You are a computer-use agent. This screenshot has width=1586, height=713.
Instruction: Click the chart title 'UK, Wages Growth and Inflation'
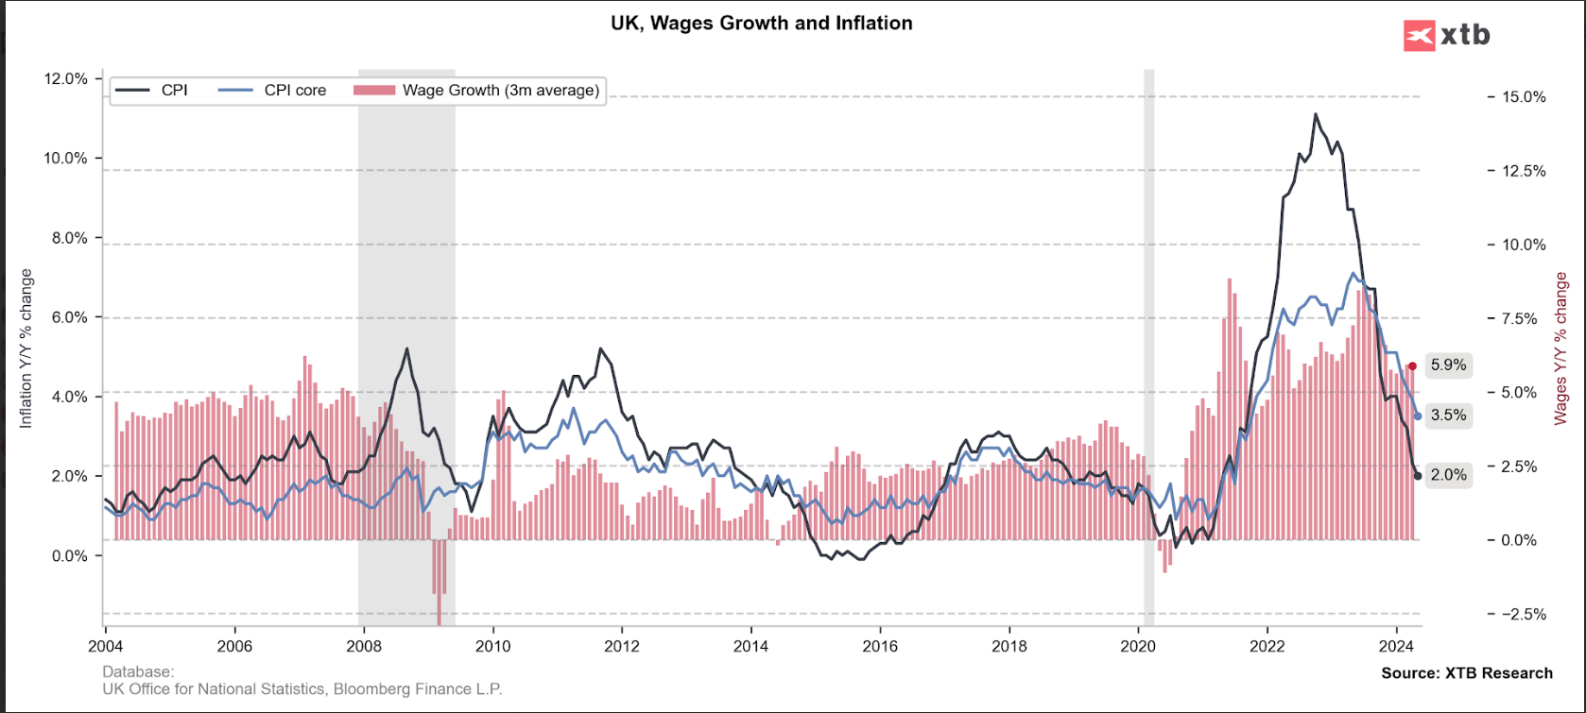tap(762, 24)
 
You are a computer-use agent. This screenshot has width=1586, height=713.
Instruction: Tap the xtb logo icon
tap(1420, 36)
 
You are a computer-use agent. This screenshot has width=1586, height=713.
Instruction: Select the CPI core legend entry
tap(294, 91)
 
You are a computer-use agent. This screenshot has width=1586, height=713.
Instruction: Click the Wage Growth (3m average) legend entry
tap(500, 91)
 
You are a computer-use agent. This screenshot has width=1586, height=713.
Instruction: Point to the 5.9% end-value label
tap(1448, 365)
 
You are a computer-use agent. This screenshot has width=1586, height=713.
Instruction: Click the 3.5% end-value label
tap(1448, 416)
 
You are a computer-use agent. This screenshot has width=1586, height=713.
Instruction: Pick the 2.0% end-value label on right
tap(1448, 475)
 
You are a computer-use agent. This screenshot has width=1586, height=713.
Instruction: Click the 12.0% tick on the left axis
tap(65, 79)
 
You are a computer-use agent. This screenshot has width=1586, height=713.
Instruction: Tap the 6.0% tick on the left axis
tap(68, 317)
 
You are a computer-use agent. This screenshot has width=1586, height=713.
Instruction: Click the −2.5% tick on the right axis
tap(1523, 614)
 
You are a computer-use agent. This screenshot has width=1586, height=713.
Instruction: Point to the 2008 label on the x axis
tap(364, 647)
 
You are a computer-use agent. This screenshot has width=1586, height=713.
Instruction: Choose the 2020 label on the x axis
tap(1138, 647)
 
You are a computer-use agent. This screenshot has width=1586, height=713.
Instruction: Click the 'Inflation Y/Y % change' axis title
tap(26, 348)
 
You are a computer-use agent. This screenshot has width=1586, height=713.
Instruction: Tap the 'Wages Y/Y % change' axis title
tap(1560, 348)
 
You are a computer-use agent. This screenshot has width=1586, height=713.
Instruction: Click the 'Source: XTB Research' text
tap(1467, 673)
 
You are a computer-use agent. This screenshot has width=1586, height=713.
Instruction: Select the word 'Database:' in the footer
tap(138, 672)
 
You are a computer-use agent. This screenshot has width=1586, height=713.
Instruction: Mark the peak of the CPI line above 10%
tap(1315, 114)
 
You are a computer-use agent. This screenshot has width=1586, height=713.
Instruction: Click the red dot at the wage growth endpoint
tap(1412, 366)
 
